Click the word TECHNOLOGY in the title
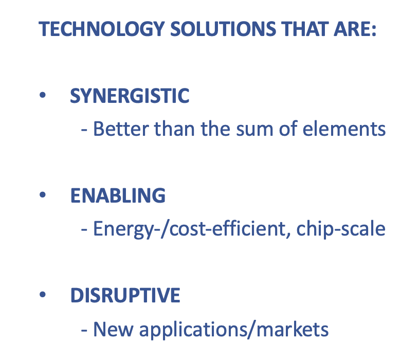(101, 29)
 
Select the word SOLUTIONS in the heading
(223, 29)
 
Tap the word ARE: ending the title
(355, 29)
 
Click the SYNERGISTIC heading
(130, 96)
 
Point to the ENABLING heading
(118, 195)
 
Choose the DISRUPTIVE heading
(125, 295)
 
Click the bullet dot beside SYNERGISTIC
(43, 95)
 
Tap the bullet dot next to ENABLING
(43, 195)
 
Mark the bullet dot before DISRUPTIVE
(43, 294)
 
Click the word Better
(121, 129)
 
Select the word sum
(254, 130)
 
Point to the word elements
(344, 129)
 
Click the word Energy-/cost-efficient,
(192, 229)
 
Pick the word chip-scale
(341, 229)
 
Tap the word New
(113, 329)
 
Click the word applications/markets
(234, 330)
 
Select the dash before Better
(84, 130)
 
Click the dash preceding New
(84, 330)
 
